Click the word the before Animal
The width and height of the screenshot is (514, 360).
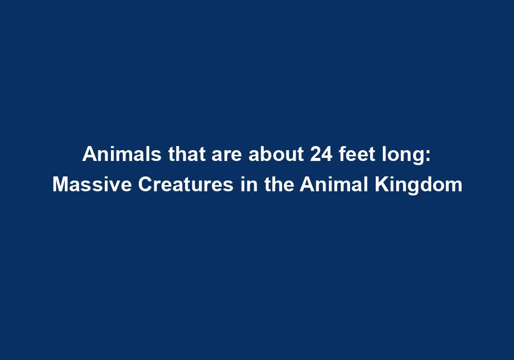(x=278, y=185)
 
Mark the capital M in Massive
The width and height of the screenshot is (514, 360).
(x=59, y=185)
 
